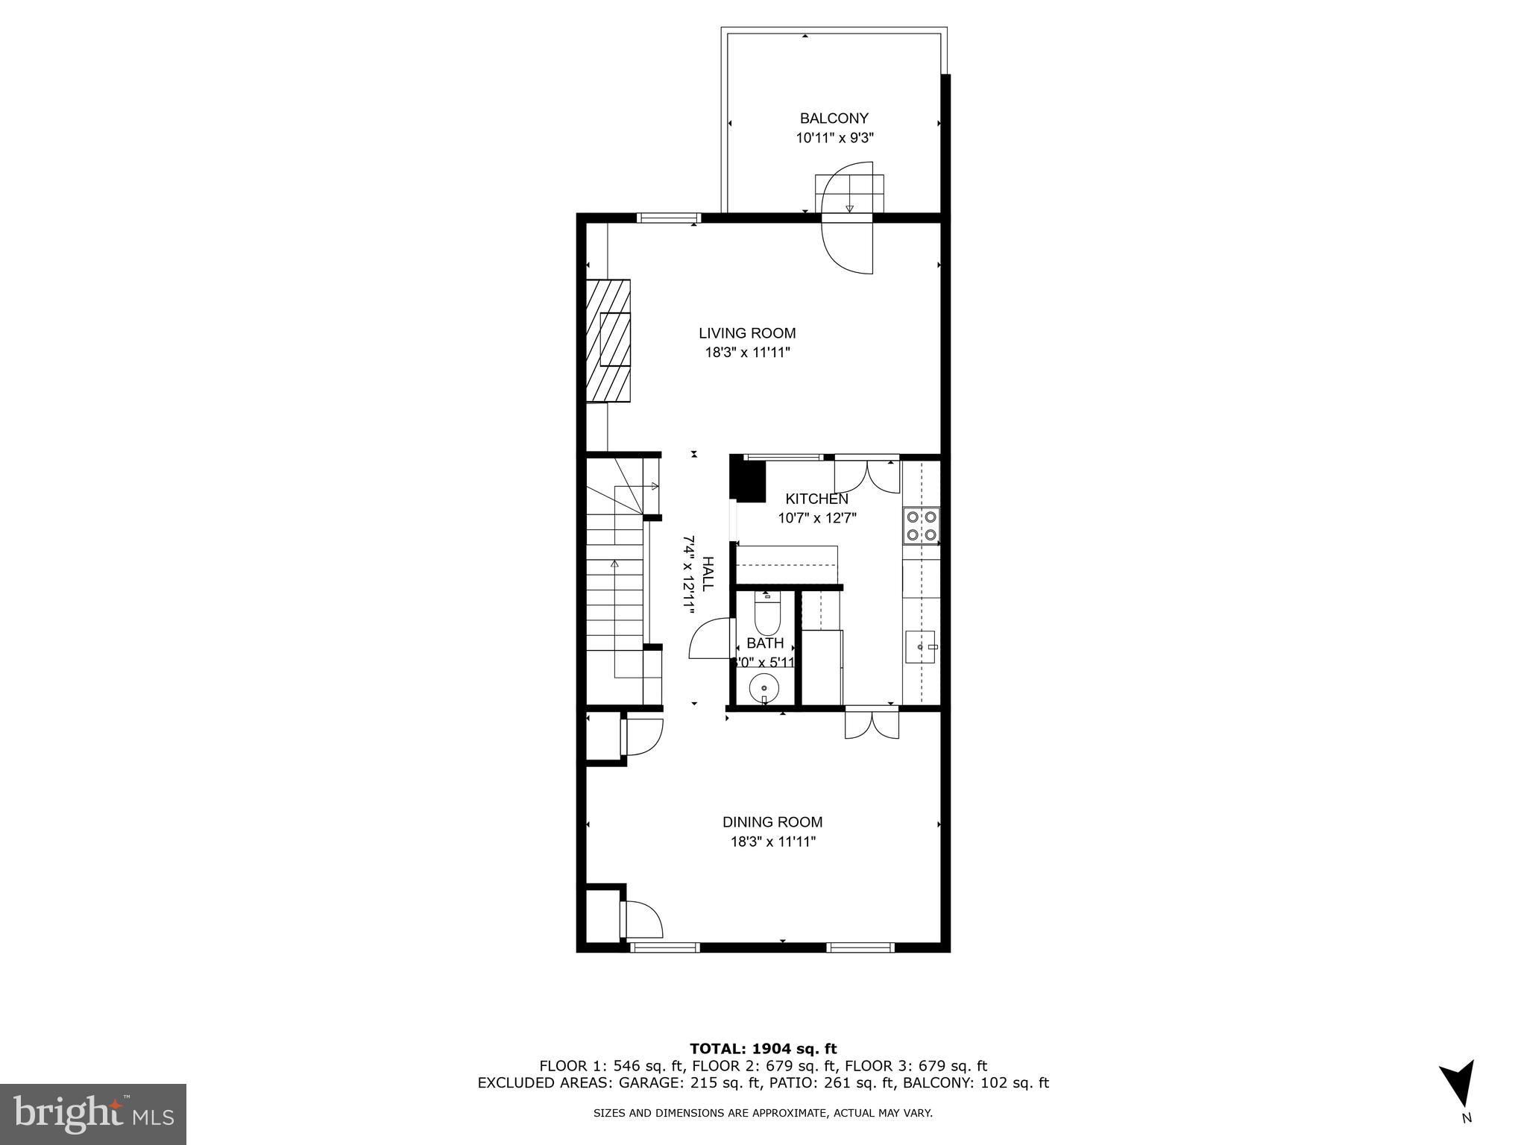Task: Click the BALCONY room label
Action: (x=834, y=119)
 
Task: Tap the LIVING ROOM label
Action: (x=747, y=333)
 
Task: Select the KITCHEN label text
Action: (x=816, y=499)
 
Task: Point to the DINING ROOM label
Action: (x=772, y=822)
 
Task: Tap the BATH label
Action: (x=765, y=643)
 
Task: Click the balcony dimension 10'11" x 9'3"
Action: (x=834, y=138)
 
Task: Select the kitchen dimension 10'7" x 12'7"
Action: (x=817, y=518)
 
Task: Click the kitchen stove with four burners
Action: (x=922, y=525)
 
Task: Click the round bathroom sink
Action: (x=764, y=687)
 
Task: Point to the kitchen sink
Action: (x=920, y=646)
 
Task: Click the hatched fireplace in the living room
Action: (x=608, y=341)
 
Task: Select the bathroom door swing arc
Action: (x=708, y=639)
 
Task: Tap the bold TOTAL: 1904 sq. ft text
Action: (x=763, y=1050)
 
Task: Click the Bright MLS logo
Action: (x=93, y=1114)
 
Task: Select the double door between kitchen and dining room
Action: (x=871, y=725)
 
